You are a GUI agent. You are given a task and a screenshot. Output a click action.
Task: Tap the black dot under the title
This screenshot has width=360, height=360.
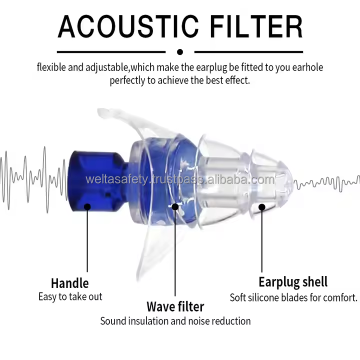180,51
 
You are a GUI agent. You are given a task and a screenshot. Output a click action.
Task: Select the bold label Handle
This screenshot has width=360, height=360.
69,283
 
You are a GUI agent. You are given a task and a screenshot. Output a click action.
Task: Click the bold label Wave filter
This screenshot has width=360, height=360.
175,306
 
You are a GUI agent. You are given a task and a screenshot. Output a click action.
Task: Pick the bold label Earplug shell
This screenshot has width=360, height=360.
293,281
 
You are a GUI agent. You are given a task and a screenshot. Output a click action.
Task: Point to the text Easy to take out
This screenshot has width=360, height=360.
70,296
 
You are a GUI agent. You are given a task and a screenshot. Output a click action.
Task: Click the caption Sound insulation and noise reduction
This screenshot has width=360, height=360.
175,320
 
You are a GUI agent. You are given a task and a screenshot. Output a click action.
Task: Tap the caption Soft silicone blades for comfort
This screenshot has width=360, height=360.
293,297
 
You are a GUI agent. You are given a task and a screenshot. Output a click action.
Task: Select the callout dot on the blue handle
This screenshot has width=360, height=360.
87,205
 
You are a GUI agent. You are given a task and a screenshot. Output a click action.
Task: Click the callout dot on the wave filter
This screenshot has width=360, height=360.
175,206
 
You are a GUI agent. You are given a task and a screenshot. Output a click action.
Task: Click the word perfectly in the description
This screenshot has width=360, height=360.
127,80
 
